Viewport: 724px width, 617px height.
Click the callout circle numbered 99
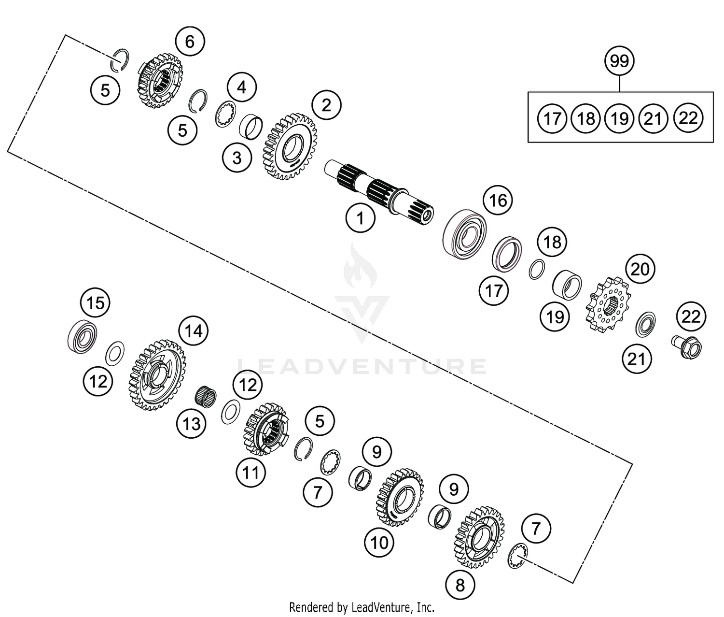coord(620,61)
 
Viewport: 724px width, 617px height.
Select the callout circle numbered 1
coord(360,218)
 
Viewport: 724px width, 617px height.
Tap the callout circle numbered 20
coord(640,269)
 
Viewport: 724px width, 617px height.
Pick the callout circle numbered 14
coord(194,331)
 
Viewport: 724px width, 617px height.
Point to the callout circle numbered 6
coord(190,42)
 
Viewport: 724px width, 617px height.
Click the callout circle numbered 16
coord(498,200)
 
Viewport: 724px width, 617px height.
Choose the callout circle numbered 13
coord(192,424)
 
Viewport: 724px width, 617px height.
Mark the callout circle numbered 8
coord(460,585)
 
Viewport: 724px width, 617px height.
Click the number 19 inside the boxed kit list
coord(619,118)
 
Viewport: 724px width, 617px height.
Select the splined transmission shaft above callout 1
coord(379,191)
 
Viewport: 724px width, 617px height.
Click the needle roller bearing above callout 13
coord(205,397)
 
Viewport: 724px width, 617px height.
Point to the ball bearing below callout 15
coord(83,335)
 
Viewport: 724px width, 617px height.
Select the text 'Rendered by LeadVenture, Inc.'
coord(362,607)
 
